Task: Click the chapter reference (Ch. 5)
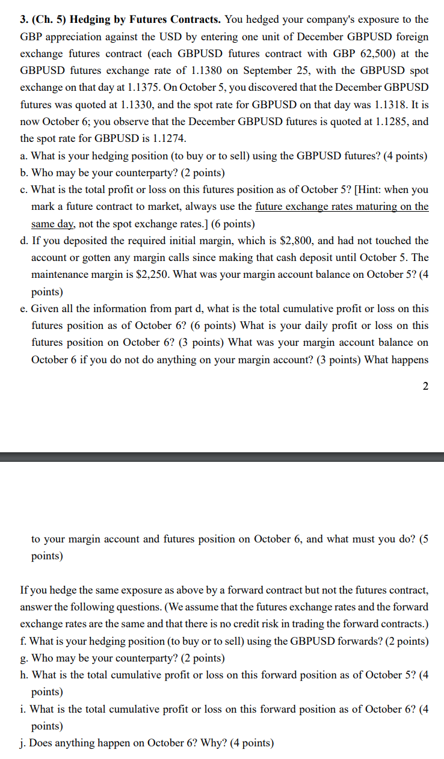pos(49,20)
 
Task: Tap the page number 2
pos(425,386)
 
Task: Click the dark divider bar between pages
pos(222,457)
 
